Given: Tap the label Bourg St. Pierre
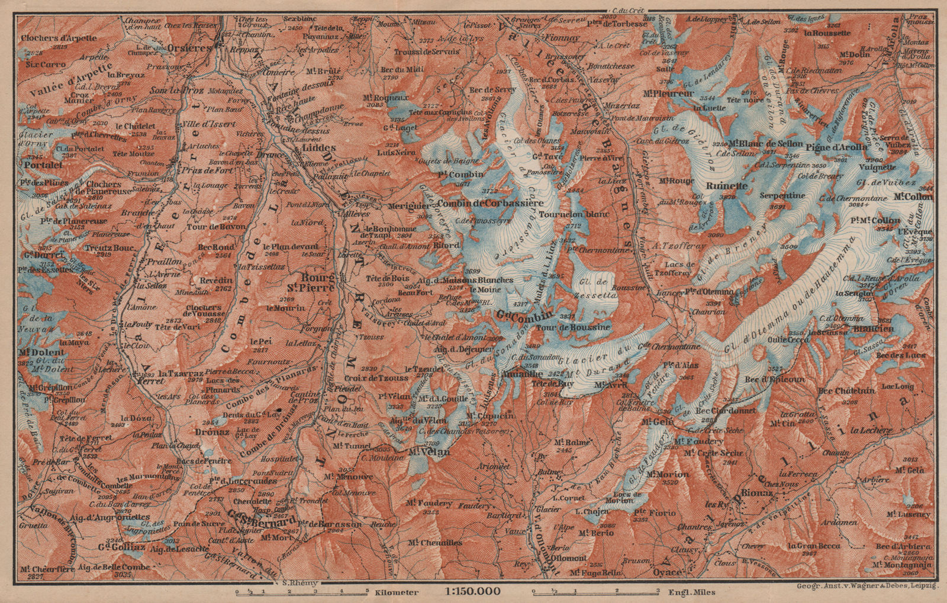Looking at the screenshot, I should (x=318, y=282).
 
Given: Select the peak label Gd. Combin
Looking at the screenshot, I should (x=525, y=315).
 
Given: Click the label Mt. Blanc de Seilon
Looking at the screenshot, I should (x=766, y=144).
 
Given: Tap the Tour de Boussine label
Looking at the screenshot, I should (x=584, y=327).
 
